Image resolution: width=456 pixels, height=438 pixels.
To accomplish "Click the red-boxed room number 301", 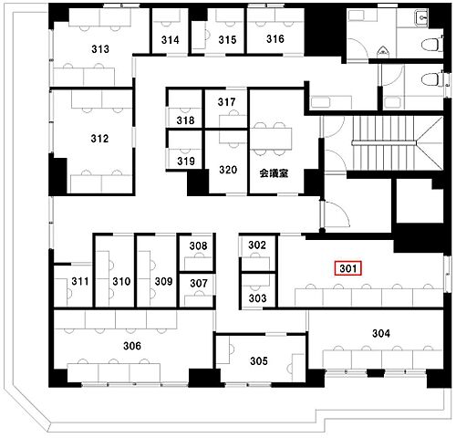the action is tap(348, 268).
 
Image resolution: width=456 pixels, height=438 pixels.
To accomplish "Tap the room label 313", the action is tap(100, 49).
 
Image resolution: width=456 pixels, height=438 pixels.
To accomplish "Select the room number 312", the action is tap(99, 139).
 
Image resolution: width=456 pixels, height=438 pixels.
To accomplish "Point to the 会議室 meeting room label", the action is tap(274, 173).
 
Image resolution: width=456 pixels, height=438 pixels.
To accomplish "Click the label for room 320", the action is tap(228, 170).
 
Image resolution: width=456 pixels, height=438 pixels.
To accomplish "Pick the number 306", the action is tap(132, 346).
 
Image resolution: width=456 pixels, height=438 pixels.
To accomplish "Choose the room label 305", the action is tap(259, 361).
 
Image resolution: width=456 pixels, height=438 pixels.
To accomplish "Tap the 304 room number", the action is tap(381, 334).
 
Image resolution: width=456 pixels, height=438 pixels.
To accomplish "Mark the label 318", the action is tap(185, 120).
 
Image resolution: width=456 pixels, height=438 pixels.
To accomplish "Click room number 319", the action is tap(186, 161).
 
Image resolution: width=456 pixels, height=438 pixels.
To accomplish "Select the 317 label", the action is tap(226, 102).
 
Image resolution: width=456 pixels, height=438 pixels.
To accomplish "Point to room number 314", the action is tap(171, 40).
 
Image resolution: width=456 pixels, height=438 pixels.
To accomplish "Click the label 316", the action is tap(275, 39).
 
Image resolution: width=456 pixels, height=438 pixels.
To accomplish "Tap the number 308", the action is tap(198, 245).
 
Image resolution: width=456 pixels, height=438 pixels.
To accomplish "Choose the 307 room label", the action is tap(199, 284).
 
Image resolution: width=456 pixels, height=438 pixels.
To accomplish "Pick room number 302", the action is tap(257, 245).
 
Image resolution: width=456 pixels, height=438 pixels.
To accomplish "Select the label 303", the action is tap(257, 298).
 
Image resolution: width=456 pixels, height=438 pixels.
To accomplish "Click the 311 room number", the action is tap(80, 281).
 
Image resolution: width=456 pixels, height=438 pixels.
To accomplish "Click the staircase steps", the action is tap(384, 143).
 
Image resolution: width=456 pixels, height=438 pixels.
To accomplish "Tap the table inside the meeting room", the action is tap(271, 139).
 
